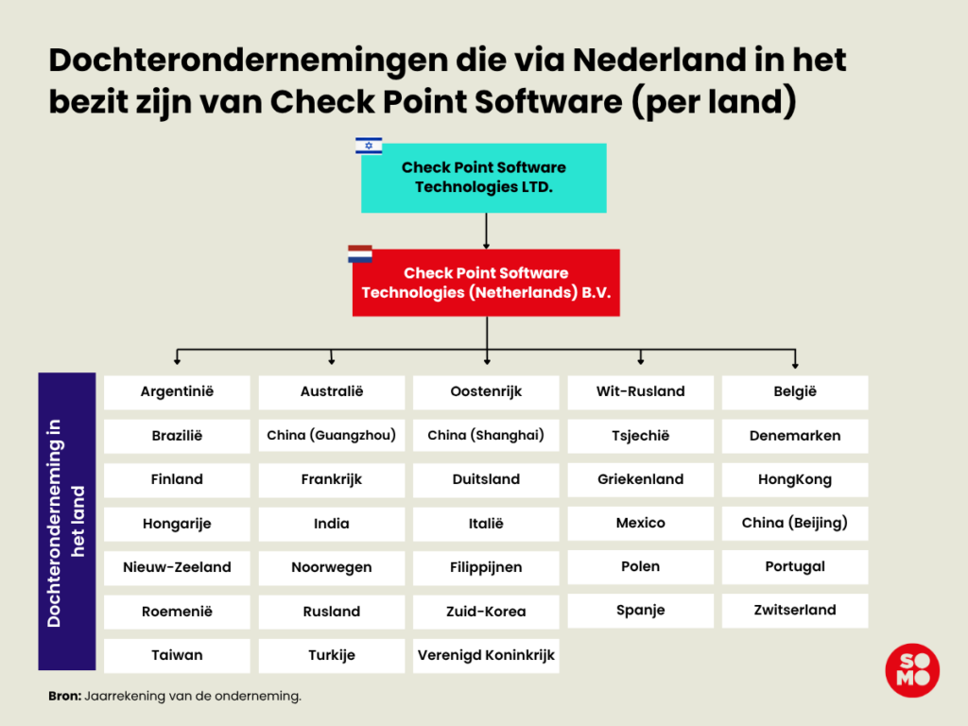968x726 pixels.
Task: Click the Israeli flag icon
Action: (x=369, y=146)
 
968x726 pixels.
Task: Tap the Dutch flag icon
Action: (x=360, y=253)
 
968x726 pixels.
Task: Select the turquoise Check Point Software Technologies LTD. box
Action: (x=483, y=178)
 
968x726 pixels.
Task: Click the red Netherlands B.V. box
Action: (x=486, y=283)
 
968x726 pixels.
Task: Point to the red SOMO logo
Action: (x=912, y=670)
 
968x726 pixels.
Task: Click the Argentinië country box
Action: (x=177, y=392)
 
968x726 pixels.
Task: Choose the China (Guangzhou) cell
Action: (x=332, y=435)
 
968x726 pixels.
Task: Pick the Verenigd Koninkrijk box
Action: (x=486, y=656)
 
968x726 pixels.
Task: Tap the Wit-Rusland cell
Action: (x=640, y=392)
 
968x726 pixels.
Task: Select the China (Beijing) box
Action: (x=795, y=524)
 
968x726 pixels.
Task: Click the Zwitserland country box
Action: (x=795, y=611)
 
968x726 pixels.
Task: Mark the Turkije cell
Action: (x=332, y=656)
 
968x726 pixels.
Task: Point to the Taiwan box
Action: (x=177, y=656)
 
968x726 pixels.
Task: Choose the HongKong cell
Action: (x=795, y=479)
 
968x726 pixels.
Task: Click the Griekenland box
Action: (x=640, y=479)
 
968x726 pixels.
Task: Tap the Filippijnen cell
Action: (x=486, y=568)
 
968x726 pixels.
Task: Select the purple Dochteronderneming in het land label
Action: (x=67, y=522)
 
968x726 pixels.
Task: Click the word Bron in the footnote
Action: (x=64, y=697)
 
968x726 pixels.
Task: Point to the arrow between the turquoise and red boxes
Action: (x=487, y=231)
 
